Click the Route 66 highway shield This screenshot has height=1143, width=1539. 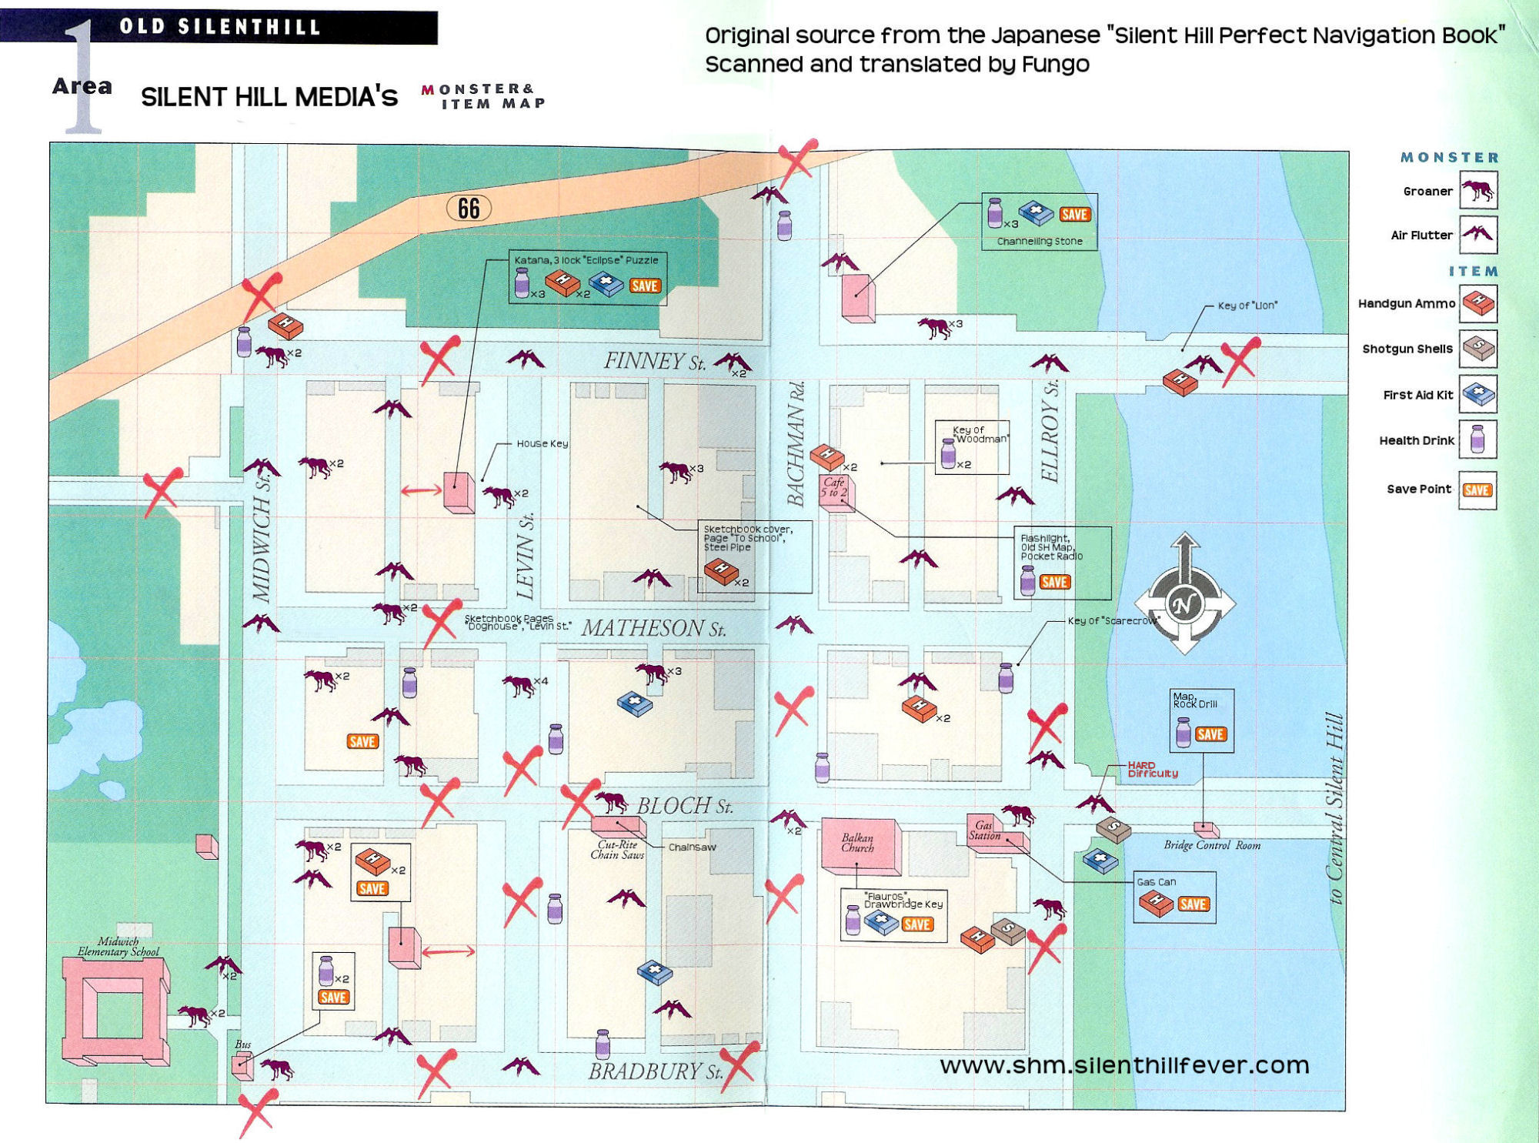[469, 208]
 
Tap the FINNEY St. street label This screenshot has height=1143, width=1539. [654, 361]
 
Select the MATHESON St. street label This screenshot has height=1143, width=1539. [653, 628]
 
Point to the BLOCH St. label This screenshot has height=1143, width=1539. [684, 806]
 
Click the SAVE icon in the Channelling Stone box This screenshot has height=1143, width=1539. [1074, 215]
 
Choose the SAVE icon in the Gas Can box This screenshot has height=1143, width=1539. [1193, 904]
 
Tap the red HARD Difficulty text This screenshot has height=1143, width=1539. [1152, 770]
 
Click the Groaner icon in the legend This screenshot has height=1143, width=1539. [1478, 190]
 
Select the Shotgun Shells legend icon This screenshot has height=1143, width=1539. [1478, 349]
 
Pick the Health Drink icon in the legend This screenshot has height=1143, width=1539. [1477, 440]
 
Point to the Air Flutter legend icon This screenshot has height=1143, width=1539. [1478, 234]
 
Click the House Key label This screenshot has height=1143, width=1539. [542, 443]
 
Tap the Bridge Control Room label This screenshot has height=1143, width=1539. [1212, 845]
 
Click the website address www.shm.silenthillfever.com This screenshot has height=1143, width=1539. [1124, 1064]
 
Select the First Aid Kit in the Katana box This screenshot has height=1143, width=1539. [606, 284]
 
